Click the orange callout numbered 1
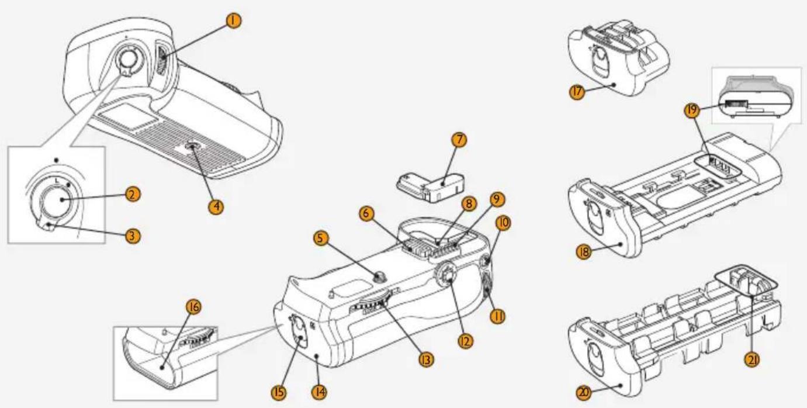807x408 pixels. click(234, 20)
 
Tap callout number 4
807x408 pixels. click(216, 206)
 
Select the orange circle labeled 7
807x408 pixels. click(459, 140)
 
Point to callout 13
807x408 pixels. click(426, 359)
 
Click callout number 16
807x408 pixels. click(194, 307)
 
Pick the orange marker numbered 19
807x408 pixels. click(692, 110)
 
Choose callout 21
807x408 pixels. click(752, 359)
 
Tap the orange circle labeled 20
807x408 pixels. click(584, 392)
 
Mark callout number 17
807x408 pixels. click(577, 92)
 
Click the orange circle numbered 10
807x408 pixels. click(503, 223)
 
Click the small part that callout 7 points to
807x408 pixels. click(431, 187)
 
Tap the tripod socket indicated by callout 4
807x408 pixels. click(192, 146)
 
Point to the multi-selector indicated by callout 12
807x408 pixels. click(446, 276)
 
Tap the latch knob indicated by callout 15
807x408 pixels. click(299, 331)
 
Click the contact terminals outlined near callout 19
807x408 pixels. click(718, 166)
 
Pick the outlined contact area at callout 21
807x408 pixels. click(746, 281)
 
